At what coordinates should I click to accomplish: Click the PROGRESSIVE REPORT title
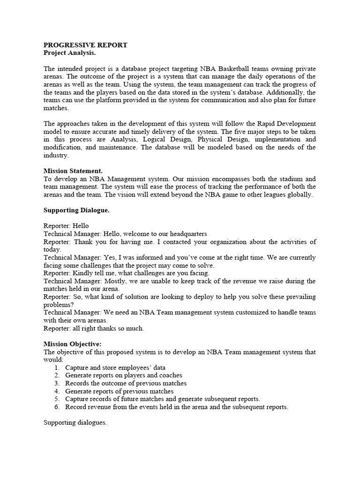click(85, 45)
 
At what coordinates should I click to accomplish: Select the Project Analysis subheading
click(73, 53)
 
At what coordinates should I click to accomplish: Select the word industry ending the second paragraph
click(56, 156)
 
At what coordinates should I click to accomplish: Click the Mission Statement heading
click(73, 171)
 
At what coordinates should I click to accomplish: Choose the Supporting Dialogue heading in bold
click(76, 210)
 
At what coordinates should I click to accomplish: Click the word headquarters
click(185, 234)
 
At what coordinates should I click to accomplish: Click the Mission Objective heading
click(73, 344)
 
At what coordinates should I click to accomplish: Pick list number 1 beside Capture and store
click(57, 367)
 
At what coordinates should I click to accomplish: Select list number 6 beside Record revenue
click(57, 407)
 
